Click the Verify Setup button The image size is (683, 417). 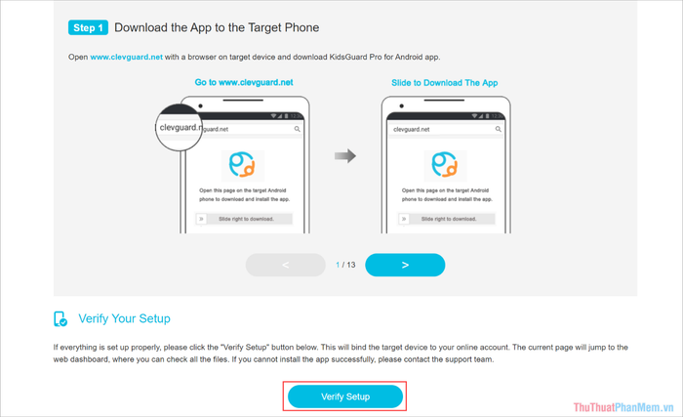tap(345, 396)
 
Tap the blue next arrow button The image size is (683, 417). tap(405, 265)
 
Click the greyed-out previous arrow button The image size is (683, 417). tap(285, 265)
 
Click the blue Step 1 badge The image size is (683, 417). tap(88, 27)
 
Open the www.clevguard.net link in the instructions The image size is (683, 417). tap(126, 57)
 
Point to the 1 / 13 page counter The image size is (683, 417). tap(345, 265)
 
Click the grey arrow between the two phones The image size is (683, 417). tap(345, 155)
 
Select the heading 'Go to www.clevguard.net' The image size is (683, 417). tap(244, 82)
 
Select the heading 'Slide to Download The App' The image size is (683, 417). tap(444, 83)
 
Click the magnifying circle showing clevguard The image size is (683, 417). tap(179, 127)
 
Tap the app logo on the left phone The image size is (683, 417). tap(242, 165)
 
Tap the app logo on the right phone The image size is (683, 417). tap(445, 165)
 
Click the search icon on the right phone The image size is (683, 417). tap(498, 129)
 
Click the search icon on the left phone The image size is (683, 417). tap(297, 129)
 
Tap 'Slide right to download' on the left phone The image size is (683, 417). tap(246, 219)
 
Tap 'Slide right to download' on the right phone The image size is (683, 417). tap(449, 219)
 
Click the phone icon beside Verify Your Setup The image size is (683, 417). tap(60, 319)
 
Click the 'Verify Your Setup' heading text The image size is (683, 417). tap(124, 318)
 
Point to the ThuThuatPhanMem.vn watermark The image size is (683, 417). tap(623, 407)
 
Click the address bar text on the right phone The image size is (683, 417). tap(411, 129)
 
